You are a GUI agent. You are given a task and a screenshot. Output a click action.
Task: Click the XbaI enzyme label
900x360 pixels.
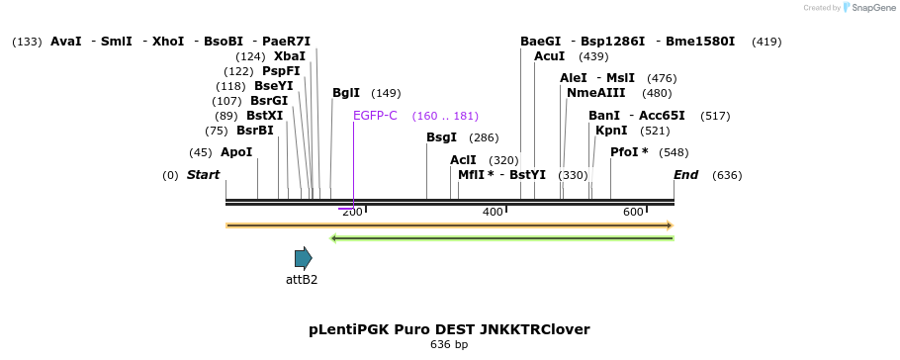(x=290, y=56)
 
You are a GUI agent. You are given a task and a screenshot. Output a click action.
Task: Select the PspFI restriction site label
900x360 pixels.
(x=281, y=71)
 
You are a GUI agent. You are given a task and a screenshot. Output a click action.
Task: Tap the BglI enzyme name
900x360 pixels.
(x=346, y=93)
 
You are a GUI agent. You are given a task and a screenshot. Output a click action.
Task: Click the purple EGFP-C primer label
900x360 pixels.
(x=375, y=116)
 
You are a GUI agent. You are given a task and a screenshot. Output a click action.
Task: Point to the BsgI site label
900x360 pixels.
(x=442, y=137)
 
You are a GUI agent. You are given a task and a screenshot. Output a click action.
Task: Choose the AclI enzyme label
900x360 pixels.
(x=463, y=160)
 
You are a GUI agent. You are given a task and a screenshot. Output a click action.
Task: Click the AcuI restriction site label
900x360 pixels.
(x=549, y=56)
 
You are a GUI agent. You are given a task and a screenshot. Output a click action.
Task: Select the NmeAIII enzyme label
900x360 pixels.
(x=596, y=93)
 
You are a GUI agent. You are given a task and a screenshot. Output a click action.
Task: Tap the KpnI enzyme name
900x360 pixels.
(x=611, y=131)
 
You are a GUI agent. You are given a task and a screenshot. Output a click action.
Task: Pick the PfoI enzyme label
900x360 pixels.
(x=629, y=152)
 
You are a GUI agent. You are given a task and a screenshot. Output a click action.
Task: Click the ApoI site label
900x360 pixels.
(x=236, y=152)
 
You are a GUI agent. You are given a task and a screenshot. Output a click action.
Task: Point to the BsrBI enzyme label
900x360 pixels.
(x=255, y=131)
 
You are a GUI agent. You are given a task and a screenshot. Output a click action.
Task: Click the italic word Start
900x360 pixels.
(x=204, y=175)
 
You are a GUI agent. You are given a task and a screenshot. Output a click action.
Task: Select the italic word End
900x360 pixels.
(x=685, y=175)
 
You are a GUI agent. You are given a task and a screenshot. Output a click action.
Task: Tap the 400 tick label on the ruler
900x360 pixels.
(x=493, y=213)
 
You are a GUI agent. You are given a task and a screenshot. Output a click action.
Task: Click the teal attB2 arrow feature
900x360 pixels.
(x=303, y=258)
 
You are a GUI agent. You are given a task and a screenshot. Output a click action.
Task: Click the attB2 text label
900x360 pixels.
(x=302, y=280)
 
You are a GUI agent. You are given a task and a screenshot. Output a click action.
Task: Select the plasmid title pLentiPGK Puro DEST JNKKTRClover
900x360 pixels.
(x=449, y=329)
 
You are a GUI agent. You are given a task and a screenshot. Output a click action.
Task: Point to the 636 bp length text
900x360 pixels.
(x=449, y=345)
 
